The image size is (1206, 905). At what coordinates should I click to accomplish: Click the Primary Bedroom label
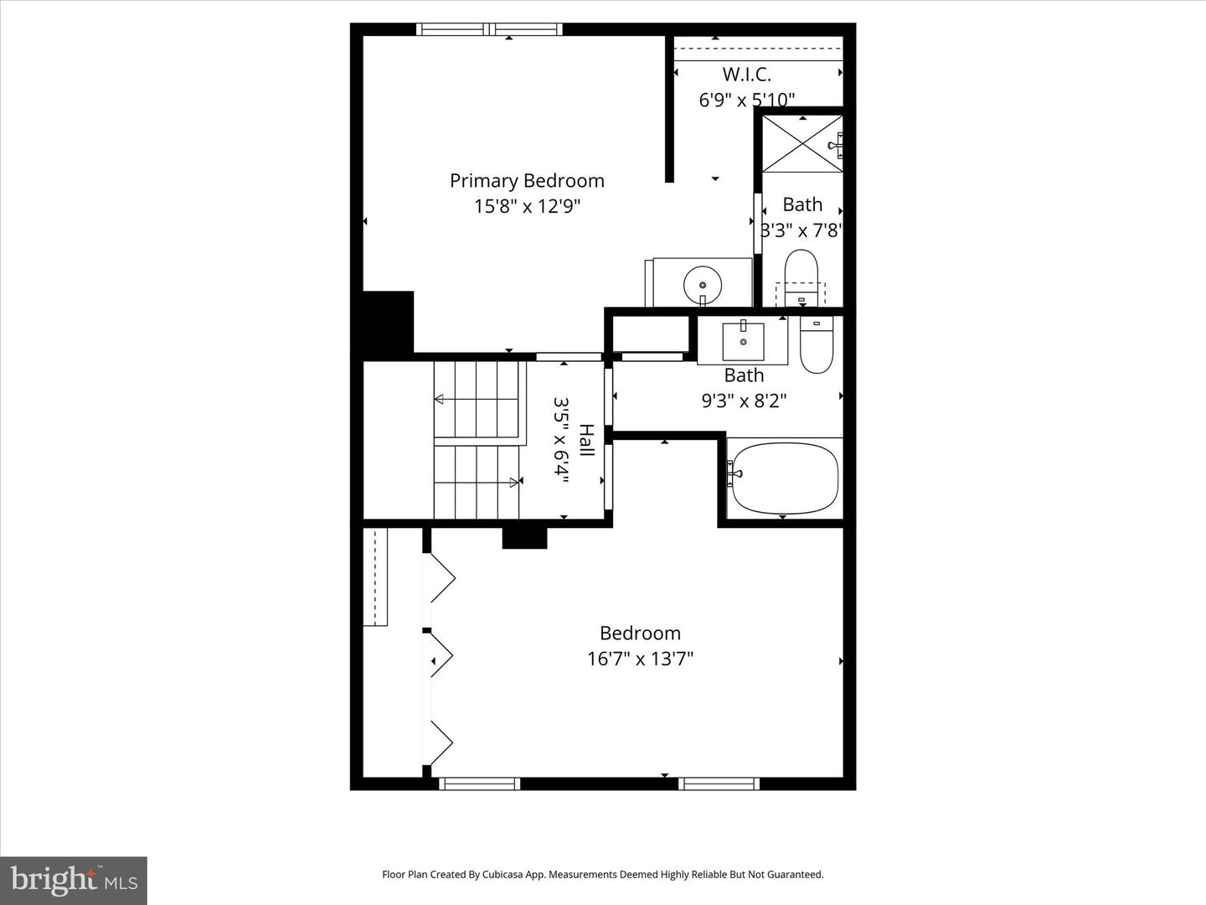527,180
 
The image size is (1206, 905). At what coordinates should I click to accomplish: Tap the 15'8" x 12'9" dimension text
527,206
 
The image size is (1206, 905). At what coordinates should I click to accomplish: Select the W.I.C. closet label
746,75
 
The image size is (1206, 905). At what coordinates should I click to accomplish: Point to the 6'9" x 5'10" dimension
746,100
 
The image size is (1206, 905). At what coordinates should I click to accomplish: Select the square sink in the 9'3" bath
742,340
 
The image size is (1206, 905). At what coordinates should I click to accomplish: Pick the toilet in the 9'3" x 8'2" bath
816,344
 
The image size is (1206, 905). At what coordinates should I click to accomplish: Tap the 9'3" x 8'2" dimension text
744,401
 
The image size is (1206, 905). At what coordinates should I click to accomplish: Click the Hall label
586,440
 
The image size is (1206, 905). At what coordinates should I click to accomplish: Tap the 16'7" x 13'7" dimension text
640,659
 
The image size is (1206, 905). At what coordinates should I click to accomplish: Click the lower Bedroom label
640,633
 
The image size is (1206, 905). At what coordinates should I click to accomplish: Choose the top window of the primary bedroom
490,30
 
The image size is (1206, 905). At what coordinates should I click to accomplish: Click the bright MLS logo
74,880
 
